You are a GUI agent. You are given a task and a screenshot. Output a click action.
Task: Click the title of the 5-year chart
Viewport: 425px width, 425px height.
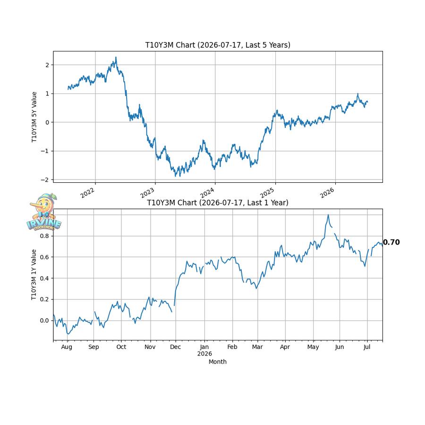coord(218,45)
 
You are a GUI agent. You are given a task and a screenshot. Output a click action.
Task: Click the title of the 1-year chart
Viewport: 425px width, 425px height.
coord(218,203)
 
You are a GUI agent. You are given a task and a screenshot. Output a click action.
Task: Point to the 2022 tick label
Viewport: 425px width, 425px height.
coord(87,193)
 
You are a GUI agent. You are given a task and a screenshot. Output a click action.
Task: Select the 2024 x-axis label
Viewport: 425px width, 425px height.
coord(207,193)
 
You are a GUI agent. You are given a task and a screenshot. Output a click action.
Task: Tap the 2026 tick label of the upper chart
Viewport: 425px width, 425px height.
coord(327,193)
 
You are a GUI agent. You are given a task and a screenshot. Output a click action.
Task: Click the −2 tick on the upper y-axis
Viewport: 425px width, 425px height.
coord(45,180)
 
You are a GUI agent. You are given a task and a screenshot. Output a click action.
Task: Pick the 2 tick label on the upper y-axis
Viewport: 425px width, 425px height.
coord(47,65)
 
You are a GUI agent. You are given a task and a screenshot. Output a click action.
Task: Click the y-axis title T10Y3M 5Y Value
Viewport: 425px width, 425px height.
coord(34,117)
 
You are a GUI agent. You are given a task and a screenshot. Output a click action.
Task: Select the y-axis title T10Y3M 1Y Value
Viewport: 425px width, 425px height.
coord(34,274)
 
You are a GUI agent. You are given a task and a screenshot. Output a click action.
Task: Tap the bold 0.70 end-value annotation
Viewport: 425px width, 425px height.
coord(391,242)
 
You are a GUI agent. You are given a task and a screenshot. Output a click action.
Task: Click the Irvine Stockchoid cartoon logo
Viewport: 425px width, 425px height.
coord(44,212)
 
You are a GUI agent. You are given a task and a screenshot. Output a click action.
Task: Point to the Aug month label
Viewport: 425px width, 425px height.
coord(67,347)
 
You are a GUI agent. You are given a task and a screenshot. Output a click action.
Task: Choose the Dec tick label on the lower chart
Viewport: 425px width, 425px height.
coord(175,347)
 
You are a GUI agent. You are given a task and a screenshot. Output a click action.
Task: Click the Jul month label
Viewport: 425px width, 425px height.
coord(367,347)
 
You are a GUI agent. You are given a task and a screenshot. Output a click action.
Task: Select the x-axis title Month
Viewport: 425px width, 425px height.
coord(218,362)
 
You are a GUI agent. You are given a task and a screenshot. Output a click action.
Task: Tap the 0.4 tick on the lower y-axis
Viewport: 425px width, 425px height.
coord(44,278)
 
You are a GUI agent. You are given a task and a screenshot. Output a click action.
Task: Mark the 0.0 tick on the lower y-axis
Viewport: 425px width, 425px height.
coord(44,321)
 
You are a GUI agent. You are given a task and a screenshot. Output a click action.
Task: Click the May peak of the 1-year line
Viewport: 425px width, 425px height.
coord(328,215)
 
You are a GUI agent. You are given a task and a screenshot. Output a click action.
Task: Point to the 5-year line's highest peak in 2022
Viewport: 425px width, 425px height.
coord(116,57)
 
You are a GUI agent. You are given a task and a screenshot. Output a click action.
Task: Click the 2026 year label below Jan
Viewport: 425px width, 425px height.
coord(204,354)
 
